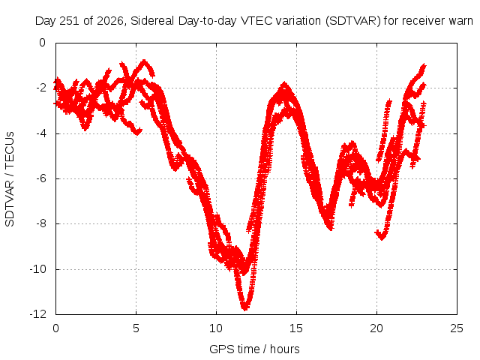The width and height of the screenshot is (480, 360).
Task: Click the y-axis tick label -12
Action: [x=38, y=314]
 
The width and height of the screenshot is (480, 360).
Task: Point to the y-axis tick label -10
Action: [x=38, y=269]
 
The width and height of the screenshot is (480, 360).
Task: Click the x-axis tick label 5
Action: [x=136, y=328]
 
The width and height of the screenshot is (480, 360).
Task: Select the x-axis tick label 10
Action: [x=216, y=328]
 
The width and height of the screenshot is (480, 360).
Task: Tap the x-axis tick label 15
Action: [x=296, y=328]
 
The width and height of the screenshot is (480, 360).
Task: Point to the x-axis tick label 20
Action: [x=376, y=328]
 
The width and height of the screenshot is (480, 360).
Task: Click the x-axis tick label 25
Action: [x=457, y=328]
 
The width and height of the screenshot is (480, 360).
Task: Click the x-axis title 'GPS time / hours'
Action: [x=254, y=349]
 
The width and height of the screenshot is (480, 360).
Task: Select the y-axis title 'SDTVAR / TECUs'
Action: [x=10, y=179]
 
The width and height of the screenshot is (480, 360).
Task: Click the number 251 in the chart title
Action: [x=70, y=21]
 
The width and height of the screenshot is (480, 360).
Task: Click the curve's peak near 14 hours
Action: [x=285, y=85]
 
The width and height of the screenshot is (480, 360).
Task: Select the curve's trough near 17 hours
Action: [x=331, y=227]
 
